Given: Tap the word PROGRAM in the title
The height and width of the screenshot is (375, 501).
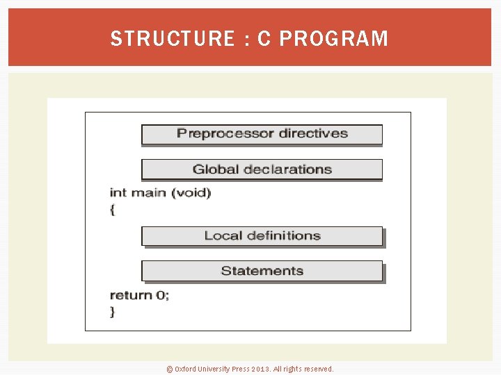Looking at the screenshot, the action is (333, 39).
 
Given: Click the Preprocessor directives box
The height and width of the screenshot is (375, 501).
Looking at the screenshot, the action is (262, 134).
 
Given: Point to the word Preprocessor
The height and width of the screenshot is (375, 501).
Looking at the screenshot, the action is (218, 133).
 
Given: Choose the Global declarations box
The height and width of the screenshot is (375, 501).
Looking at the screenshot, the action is (262, 169).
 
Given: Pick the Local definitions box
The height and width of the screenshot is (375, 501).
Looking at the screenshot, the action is (262, 236).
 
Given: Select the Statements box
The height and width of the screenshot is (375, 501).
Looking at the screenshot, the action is (262, 271).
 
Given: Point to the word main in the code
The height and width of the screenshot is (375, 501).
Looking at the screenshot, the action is (148, 192).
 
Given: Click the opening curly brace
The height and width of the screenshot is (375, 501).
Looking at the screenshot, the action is (112, 209).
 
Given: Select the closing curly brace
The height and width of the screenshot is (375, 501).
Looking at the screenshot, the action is (112, 312).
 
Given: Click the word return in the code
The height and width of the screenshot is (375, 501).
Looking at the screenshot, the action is (131, 295).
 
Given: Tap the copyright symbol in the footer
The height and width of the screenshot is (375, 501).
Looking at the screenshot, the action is (169, 369).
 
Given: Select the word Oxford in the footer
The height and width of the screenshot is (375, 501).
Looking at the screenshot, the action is (185, 369).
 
